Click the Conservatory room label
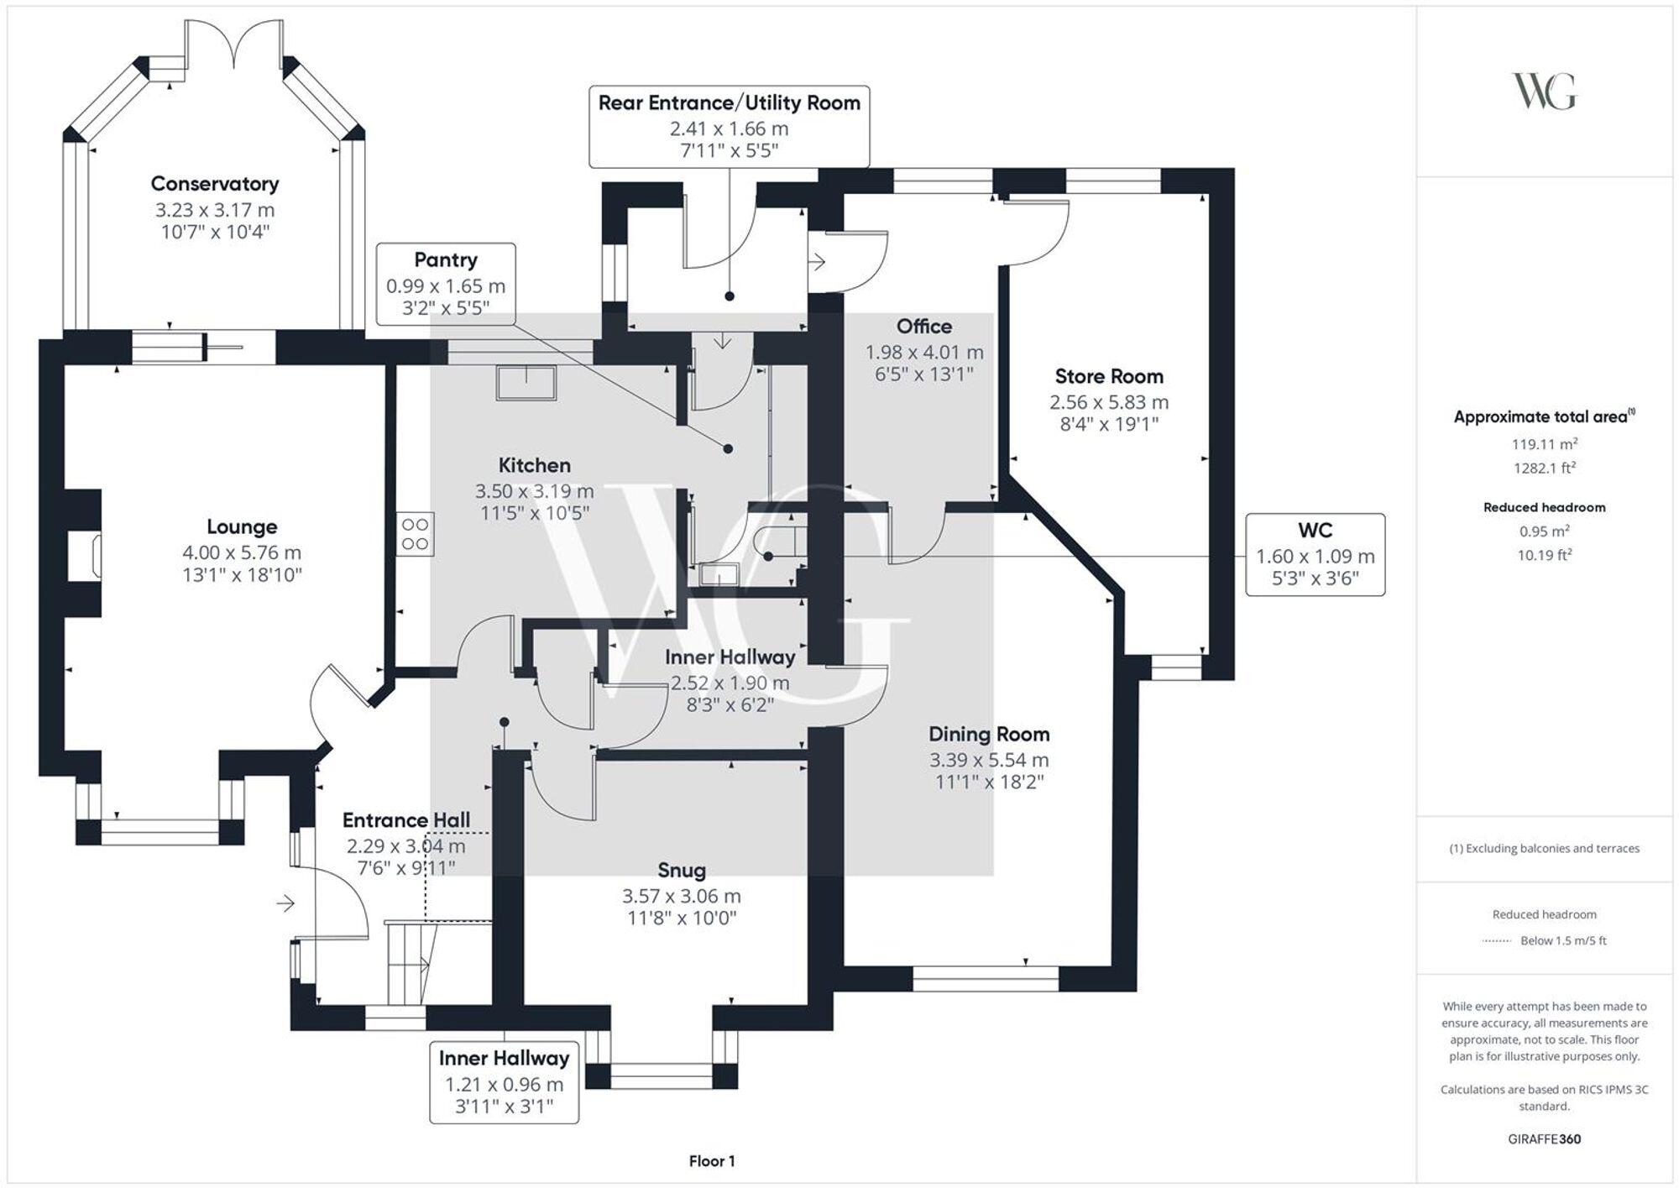pos(215,184)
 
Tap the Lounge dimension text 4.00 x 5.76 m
pos(242,552)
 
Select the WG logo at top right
pos(1544,92)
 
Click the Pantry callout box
pos(446,284)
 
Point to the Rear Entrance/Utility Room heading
pos(729,103)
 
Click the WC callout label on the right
pos(1315,531)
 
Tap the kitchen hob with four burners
pos(416,534)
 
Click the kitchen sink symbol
pos(526,383)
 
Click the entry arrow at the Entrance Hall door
pos(286,903)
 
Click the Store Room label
pos(1108,376)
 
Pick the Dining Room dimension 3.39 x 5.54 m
pos(988,760)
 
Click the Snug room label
pos(681,871)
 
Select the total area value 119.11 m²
pos(1544,444)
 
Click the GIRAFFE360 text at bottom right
pos(1544,1139)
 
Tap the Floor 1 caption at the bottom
pos(711,1161)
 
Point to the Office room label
pos(923,327)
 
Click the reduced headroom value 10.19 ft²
pos(1544,555)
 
